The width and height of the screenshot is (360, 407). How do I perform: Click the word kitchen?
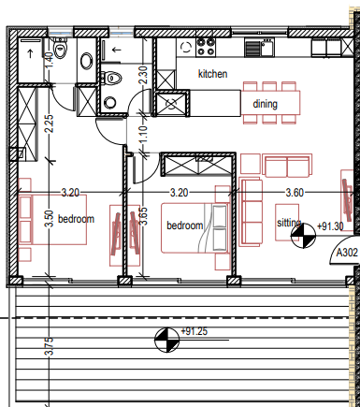[x=212, y=74]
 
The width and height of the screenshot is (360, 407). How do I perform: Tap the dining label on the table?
[x=265, y=104]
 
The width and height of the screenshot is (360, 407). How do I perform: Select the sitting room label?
[x=289, y=223]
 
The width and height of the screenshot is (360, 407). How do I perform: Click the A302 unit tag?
[x=347, y=253]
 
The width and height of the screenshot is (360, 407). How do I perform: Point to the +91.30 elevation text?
[x=330, y=226]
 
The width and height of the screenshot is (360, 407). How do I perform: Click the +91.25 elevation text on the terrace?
[x=194, y=331]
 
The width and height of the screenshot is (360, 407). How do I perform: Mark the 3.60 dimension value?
[x=295, y=193]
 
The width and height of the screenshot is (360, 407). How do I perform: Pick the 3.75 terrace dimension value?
[x=50, y=346]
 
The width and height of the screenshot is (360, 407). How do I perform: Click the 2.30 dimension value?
[x=144, y=75]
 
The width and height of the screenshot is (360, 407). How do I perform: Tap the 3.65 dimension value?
[x=143, y=216]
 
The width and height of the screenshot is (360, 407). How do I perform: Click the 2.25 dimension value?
[x=50, y=124]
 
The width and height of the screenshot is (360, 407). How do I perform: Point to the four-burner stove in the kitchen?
[x=206, y=47]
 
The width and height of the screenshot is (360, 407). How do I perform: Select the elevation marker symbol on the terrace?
[x=166, y=340]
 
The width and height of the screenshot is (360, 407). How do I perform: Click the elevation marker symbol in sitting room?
[x=303, y=236]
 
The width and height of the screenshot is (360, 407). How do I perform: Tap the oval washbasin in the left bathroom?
[x=86, y=61]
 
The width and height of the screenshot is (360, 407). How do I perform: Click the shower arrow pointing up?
[x=30, y=53]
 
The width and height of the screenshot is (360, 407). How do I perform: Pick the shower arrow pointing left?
[x=116, y=50]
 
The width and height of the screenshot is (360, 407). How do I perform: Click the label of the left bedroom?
[x=76, y=219]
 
